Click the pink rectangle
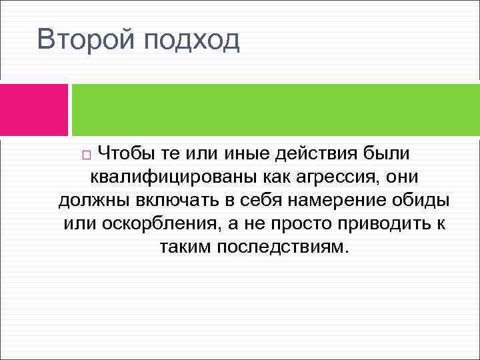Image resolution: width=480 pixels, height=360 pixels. (x=34, y=109)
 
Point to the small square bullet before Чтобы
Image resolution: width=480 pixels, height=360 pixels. (x=87, y=155)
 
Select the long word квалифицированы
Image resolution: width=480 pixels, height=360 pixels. (x=164, y=177)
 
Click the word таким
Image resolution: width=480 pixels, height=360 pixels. (x=185, y=247)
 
